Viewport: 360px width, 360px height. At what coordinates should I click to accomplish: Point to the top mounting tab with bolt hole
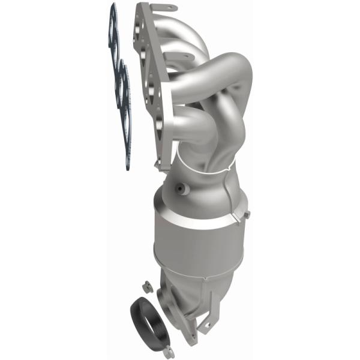[x=157, y=7]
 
